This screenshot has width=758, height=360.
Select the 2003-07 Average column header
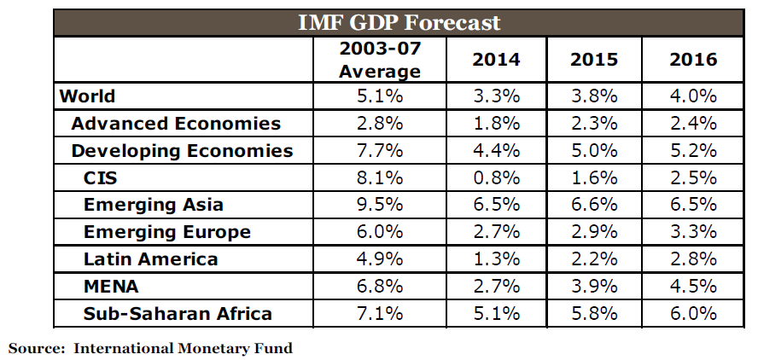[380, 60]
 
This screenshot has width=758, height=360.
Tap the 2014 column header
[496, 60]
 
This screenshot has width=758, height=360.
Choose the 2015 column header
[593, 60]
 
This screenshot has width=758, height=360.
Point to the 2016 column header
[692, 60]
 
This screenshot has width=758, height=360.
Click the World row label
[87, 96]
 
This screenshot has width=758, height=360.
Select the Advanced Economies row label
[176, 124]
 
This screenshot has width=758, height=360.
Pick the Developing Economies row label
[182, 151]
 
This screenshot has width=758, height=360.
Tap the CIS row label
[102, 178]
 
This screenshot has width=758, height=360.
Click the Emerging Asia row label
[154, 205]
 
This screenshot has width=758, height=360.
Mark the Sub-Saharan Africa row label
[178, 314]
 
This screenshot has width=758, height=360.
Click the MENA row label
[111, 287]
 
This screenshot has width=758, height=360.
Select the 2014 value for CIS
[496, 178]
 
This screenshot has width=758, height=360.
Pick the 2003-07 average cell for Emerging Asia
[380, 205]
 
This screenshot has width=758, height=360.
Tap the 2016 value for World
[692, 96]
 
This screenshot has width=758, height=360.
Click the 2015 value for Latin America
[593, 259]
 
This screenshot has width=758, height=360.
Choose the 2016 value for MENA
[692, 287]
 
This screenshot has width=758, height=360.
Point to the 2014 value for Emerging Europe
[496, 232]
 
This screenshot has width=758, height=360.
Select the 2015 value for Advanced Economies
[593, 124]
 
